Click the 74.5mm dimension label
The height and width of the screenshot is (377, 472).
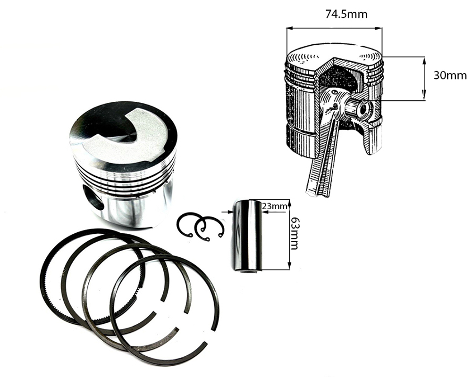[x=346, y=14]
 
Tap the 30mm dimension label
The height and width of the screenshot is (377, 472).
[x=450, y=75]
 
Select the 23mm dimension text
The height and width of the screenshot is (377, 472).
[x=274, y=206]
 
